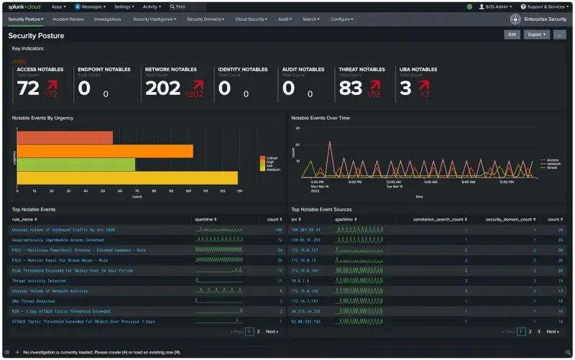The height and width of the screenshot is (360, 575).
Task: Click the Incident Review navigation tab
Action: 68,19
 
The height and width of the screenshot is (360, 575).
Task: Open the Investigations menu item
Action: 108,19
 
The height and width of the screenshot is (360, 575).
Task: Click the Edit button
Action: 512,34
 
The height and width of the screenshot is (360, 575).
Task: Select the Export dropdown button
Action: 535,34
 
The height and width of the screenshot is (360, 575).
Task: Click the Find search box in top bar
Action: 189,6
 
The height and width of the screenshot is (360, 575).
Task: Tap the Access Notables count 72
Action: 28,88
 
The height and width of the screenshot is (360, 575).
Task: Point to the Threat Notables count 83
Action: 351,88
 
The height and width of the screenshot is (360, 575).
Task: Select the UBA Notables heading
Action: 418,70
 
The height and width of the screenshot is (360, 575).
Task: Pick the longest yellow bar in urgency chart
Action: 126,177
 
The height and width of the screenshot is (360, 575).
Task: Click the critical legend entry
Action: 272,157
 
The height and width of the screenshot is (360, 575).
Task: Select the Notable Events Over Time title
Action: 320,118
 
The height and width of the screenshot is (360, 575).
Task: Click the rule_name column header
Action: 24,219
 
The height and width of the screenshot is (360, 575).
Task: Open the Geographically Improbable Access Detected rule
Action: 57,240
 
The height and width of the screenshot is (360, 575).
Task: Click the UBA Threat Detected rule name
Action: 33,301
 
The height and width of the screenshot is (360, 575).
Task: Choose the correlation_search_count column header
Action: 440,219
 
